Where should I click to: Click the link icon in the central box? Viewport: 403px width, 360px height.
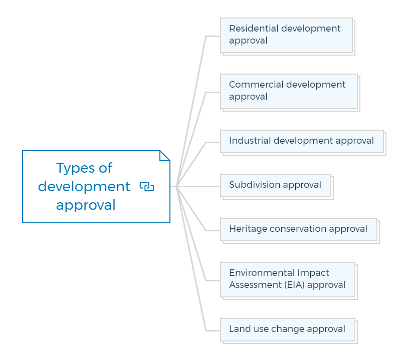click(147, 187)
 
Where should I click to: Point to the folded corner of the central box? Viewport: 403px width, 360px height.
click(165, 156)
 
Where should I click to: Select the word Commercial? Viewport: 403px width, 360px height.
click(256, 85)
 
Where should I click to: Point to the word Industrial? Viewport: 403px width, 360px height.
click(250, 141)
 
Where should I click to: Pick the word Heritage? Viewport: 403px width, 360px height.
click(248, 229)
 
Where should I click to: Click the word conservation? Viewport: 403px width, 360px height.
click(298, 229)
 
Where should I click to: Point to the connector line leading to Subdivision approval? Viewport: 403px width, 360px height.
click(198, 186)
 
